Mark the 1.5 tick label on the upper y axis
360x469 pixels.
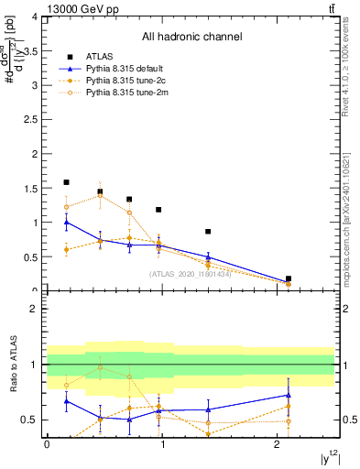coord(32,189)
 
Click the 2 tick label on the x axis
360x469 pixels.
coord(279,443)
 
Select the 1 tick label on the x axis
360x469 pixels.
coord(163,443)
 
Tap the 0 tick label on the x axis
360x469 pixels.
coord(47,443)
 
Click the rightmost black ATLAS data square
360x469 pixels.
coord(289,278)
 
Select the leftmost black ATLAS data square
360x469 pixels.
coord(66,182)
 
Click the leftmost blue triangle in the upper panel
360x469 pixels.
coord(66,222)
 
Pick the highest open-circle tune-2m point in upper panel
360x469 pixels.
coord(100,194)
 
